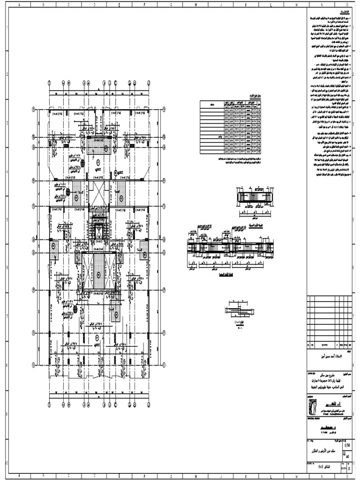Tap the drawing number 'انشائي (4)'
pos(323,467)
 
